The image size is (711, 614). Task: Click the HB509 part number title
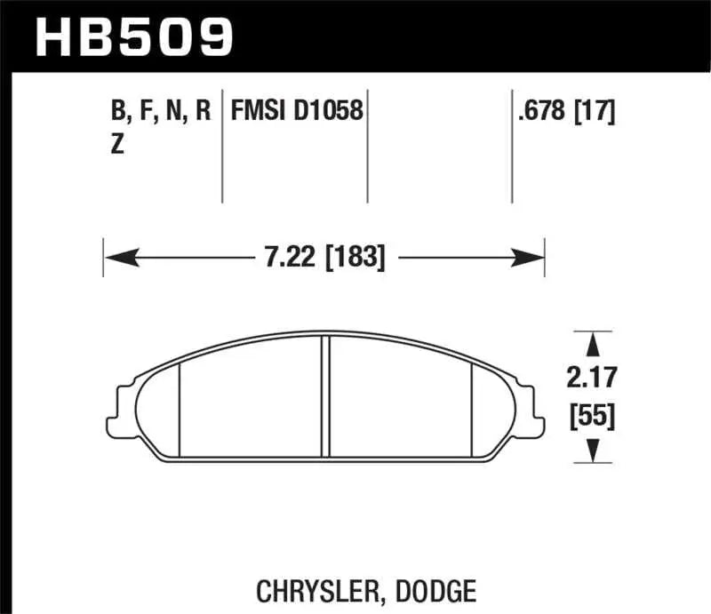(134, 37)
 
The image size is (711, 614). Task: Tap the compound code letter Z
(117, 147)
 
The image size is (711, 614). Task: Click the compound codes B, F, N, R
(160, 112)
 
